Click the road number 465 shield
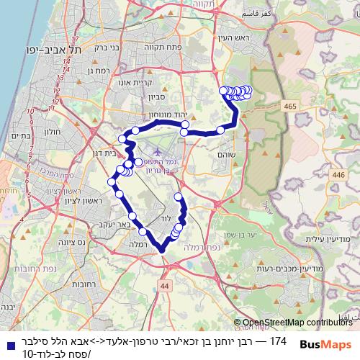click(x=290, y=106)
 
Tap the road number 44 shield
click(x=166, y=286)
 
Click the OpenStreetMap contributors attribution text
click(x=297, y=323)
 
